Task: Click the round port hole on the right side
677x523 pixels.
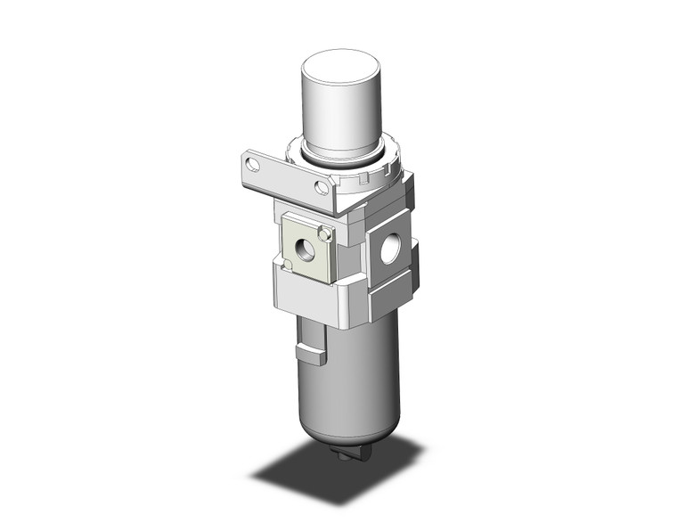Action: tap(390, 250)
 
